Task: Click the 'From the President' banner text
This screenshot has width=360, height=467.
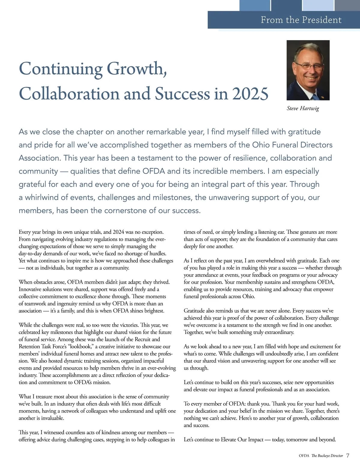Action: point(301,20)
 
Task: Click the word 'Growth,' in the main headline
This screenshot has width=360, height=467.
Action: point(137,69)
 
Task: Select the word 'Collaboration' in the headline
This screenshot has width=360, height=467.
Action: point(70,94)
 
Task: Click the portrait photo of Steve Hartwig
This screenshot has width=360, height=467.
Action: point(308,70)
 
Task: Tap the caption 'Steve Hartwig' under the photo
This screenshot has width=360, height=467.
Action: point(303,109)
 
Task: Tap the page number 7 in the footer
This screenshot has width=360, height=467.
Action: point(348,456)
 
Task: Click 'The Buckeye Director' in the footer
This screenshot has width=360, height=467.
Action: point(327,456)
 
